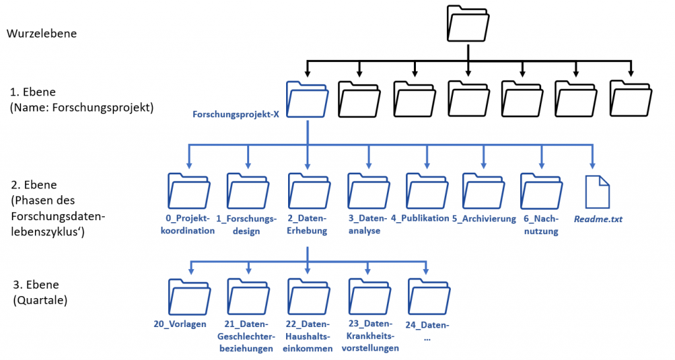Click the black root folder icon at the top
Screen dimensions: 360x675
click(468, 24)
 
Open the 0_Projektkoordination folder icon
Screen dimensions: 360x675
click(189, 191)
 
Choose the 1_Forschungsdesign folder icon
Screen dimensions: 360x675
click(248, 191)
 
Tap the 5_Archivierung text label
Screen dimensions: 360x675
click(484, 218)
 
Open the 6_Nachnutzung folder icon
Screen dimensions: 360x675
click(541, 191)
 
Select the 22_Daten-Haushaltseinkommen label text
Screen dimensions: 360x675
click(308, 336)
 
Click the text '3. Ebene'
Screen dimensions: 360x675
click(36, 285)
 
